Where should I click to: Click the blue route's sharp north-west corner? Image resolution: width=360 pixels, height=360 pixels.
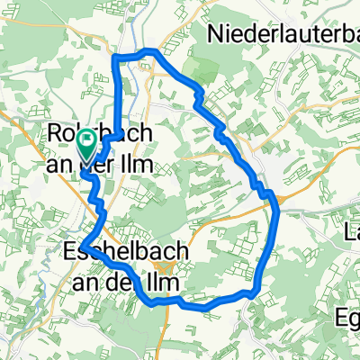[114, 58]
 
